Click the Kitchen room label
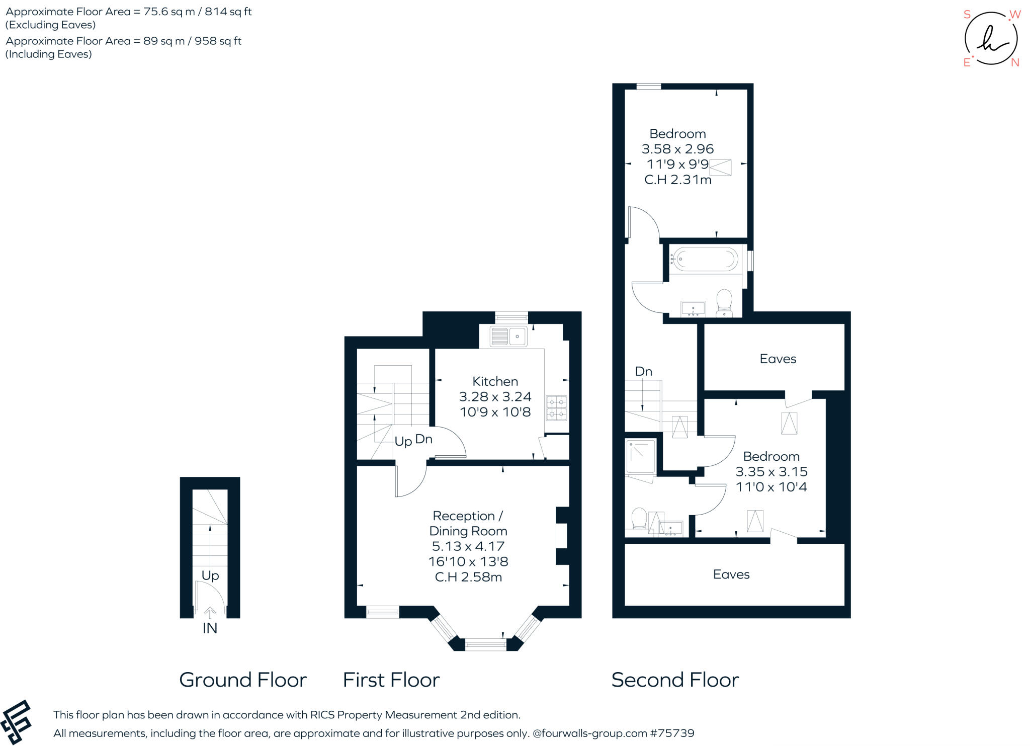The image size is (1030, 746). [495, 381]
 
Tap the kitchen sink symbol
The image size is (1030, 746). [508, 336]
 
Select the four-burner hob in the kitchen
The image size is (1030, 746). [556, 408]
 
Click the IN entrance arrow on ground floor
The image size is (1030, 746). [210, 613]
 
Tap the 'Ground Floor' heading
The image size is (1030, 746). [243, 680]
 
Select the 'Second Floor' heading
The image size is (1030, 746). [675, 680]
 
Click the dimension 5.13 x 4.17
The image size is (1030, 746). [468, 546]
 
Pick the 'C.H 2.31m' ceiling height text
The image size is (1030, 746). [677, 180]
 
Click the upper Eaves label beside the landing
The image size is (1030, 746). [778, 359]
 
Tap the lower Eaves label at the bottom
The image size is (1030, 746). [731, 574]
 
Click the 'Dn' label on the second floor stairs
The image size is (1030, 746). [643, 372]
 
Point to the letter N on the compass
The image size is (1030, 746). [1015, 62]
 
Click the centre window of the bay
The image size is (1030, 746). [485, 644]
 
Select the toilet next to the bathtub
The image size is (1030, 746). [724, 302]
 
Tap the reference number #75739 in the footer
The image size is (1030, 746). [672, 733]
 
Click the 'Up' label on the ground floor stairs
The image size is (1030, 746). [210, 575]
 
